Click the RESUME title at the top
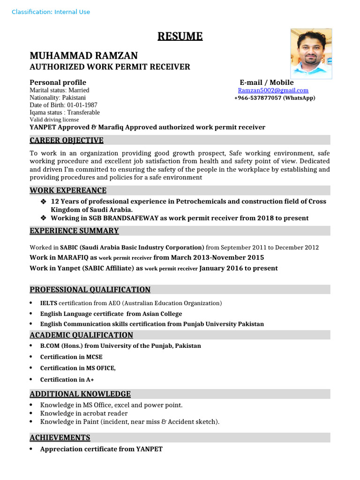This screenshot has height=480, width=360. click(x=180, y=36)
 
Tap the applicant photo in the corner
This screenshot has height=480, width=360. click(x=311, y=53)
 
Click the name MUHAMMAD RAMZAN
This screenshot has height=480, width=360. click(x=83, y=56)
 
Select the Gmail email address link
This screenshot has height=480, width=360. click(x=273, y=90)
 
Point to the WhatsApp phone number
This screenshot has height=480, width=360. click(x=275, y=98)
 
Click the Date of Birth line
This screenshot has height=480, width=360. click(x=63, y=105)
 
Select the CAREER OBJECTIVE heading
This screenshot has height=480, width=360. click(x=67, y=141)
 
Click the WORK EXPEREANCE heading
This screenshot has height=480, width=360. click(x=68, y=190)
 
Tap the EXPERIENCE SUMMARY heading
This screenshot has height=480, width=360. click(x=74, y=231)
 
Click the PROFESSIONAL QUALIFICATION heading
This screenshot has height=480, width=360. click(x=90, y=290)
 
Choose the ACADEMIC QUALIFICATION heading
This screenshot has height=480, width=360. click(x=81, y=335)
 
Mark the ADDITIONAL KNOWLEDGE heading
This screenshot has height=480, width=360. click(x=80, y=394)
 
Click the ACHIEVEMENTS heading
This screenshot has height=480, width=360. click(x=60, y=437)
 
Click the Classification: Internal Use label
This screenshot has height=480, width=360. click(x=51, y=12)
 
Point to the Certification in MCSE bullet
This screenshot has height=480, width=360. click(x=71, y=357)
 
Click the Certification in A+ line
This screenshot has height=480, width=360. click(x=67, y=379)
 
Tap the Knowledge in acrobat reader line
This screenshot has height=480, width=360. click(x=84, y=413)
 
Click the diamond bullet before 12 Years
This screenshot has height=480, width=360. click(x=44, y=202)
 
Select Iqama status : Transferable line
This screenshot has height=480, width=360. click(x=65, y=112)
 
